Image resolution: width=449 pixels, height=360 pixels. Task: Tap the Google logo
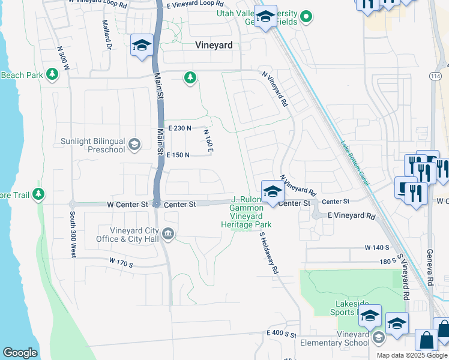click(x=20, y=353)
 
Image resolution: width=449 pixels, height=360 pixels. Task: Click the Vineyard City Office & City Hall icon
click(x=169, y=234)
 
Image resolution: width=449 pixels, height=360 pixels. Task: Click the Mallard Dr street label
click(x=107, y=35)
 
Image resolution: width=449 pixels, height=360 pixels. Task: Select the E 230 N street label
click(x=179, y=128)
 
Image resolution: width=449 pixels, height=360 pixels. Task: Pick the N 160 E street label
click(x=208, y=141)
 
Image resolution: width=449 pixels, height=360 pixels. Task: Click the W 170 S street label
click(x=121, y=261)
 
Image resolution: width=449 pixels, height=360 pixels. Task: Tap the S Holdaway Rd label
click(x=269, y=254)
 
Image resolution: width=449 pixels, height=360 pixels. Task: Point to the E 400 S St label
click(x=282, y=332)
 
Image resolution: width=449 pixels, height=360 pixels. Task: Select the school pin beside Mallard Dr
click(x=142, y=46)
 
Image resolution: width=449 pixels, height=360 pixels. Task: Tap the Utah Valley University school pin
click(x=265, y=17)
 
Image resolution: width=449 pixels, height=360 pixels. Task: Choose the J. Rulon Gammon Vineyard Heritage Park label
click(x=247, y=213)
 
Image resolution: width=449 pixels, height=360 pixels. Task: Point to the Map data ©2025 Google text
click(x=411, y=355)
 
